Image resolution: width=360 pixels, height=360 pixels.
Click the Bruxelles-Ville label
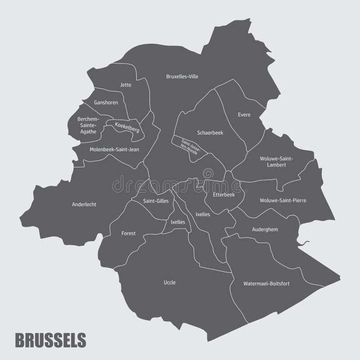tap(182, 76)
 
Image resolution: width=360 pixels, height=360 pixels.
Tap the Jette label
tap(126, 85)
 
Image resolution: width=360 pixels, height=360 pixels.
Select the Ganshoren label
tap(106, 103)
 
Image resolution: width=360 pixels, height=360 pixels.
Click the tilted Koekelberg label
tap(127, 127)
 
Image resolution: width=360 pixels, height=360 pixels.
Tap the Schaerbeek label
tap(210, 133)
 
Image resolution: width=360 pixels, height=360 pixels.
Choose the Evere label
tap(244, 115)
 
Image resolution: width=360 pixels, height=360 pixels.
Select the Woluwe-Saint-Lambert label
tap(276, 162)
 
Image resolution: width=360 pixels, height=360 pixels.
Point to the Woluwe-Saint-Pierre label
tap(283, 200)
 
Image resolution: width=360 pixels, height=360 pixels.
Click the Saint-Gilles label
tap(156, 201)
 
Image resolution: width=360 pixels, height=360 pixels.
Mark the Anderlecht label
tap(84, 204)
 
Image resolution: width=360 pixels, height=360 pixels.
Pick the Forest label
tap(128, 234)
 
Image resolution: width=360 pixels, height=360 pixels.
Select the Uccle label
tap(170, 283)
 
